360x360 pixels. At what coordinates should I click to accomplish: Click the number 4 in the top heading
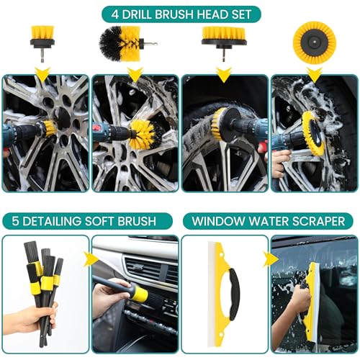115,14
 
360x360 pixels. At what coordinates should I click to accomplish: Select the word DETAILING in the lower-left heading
52,221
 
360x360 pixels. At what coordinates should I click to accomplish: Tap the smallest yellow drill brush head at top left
42,43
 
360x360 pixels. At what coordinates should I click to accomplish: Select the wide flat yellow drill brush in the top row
224,43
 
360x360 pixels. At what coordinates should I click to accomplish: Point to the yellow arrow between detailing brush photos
91,259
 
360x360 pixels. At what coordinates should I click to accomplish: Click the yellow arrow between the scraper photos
271,259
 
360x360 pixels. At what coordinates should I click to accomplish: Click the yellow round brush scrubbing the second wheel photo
143,134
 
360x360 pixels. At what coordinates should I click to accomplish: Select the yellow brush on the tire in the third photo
217,121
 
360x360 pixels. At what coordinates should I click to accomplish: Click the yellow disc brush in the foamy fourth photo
313,131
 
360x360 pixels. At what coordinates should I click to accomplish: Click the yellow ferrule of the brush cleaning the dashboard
140,294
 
